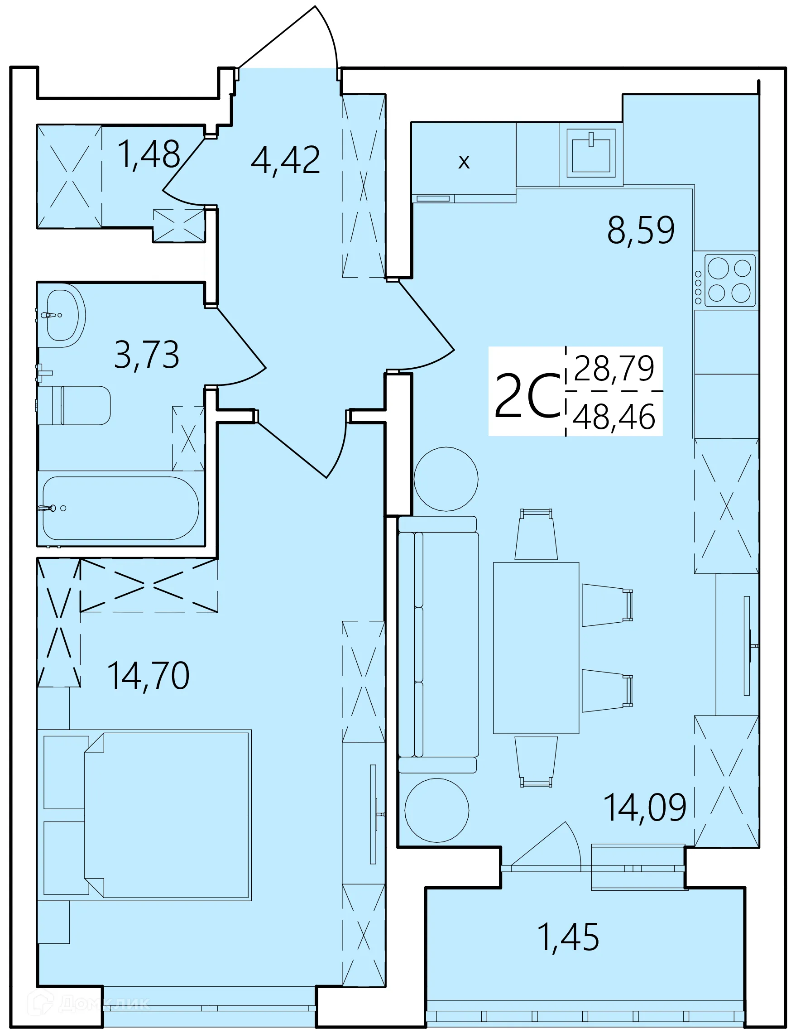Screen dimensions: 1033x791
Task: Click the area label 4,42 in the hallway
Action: click(x=285, y=160)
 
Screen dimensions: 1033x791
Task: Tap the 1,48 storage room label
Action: click(x=149, y=154)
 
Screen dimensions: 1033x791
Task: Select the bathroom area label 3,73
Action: click(x=146, y=355)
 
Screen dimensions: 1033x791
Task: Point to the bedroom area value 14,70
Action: click(x=149, y=676)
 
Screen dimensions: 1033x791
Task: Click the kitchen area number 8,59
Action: click(x=640, y=230)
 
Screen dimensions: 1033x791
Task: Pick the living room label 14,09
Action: click(x=645, y=808)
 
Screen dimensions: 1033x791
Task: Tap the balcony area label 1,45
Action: click(x=568, y=937)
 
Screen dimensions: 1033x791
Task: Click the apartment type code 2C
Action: click(x=527, y=396)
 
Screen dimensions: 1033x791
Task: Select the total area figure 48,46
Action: click(x=614, y=417)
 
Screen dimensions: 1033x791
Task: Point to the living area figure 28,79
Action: click(x=614, y=369)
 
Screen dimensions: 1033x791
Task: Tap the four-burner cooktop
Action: click(x=729, y=281)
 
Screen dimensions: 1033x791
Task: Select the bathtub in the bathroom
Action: click(x=120, y=508)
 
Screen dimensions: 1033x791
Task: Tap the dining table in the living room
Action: click(x=536, y=648)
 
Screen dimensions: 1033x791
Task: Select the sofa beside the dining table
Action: click(x=438, y=644)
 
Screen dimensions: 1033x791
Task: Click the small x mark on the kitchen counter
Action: click(x=464, y=162)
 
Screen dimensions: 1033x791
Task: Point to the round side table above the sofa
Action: click(x=446, y=479)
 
